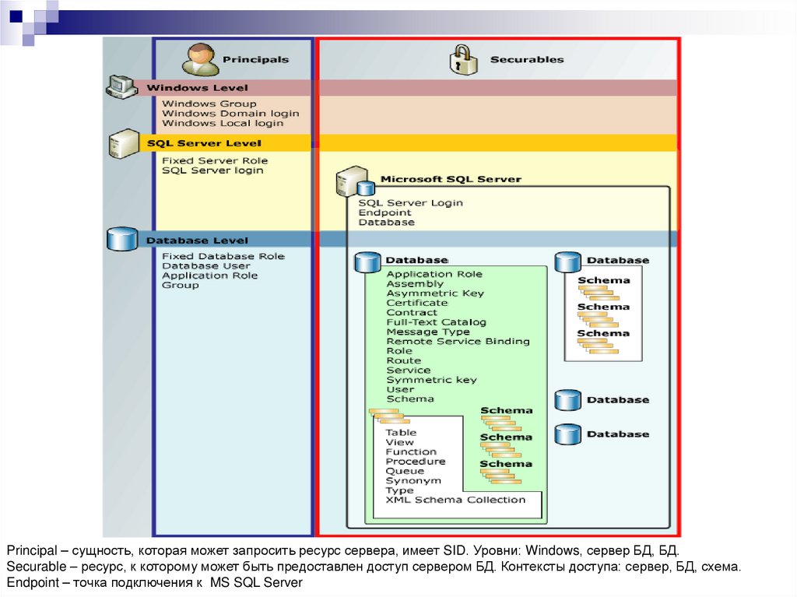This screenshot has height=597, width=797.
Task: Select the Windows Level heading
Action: pos(197,88)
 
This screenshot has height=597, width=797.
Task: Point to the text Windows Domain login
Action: pos(230,114)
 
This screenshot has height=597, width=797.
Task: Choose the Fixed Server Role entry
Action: pos(214,161)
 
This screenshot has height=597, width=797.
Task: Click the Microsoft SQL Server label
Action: pos(450,179)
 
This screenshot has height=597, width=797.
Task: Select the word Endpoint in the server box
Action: pos(384,212)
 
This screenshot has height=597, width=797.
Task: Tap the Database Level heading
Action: pos(197,241)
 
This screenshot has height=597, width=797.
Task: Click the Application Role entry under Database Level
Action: pos(209,276)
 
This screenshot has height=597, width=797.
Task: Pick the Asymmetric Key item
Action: pos(434,293)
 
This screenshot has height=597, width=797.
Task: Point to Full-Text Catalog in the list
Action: pos(436,322)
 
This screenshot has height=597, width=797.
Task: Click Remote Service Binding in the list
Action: pos(458,341)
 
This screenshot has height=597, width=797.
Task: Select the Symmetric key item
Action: pos(431,380)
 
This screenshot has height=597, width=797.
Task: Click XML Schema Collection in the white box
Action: pos(455,500)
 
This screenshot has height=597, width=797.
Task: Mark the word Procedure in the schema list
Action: pos(416,462)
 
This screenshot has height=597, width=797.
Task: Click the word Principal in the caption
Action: pos(30,552)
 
